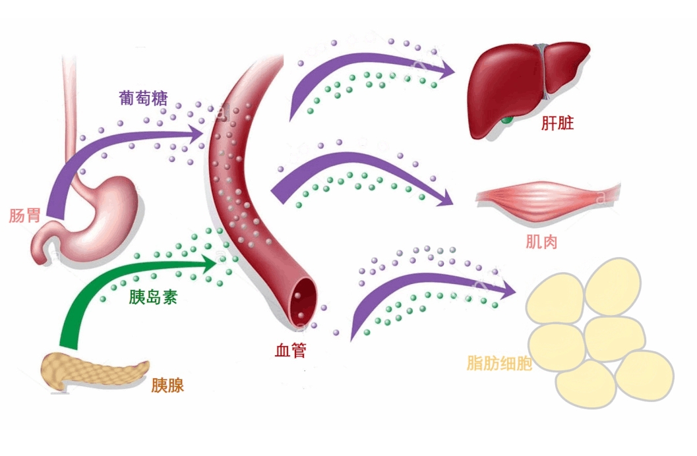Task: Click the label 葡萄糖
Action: point(143,99)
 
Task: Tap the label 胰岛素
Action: point(153,297)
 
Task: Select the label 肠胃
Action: point(25,215)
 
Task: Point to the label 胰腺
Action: point(167,385)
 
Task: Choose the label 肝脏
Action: point(557,123)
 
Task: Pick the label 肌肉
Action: point(541,242)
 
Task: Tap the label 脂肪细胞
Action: point(499,363)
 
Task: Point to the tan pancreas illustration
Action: point(92,372)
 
